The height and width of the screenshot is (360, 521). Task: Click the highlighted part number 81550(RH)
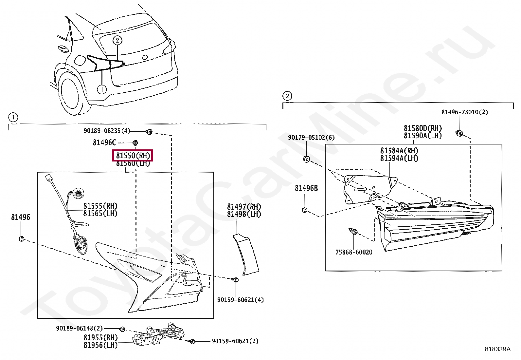[133, 156]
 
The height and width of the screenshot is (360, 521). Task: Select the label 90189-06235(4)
[107, 131]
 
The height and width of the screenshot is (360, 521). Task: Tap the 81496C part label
[104, 142]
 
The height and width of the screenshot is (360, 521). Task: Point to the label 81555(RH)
[100, 206]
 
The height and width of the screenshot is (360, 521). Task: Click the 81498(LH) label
[244, 214]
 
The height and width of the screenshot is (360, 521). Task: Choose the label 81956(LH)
[100, 345]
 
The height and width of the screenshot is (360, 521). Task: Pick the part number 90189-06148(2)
[80, 328]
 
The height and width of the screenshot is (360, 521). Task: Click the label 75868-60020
[354, 252]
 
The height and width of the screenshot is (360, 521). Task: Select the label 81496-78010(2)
[464, 112]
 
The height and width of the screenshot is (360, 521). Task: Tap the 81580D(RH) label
[422, 128]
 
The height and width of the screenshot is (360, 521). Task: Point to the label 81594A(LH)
[399, 158]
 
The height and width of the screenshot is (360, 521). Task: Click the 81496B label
[306, 188]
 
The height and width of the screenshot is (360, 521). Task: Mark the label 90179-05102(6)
[311, 138]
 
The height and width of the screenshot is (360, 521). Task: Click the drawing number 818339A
[497, 349]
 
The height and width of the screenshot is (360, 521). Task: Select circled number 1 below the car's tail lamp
[102, 89]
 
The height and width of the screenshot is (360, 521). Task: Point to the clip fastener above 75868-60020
[353, 232]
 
